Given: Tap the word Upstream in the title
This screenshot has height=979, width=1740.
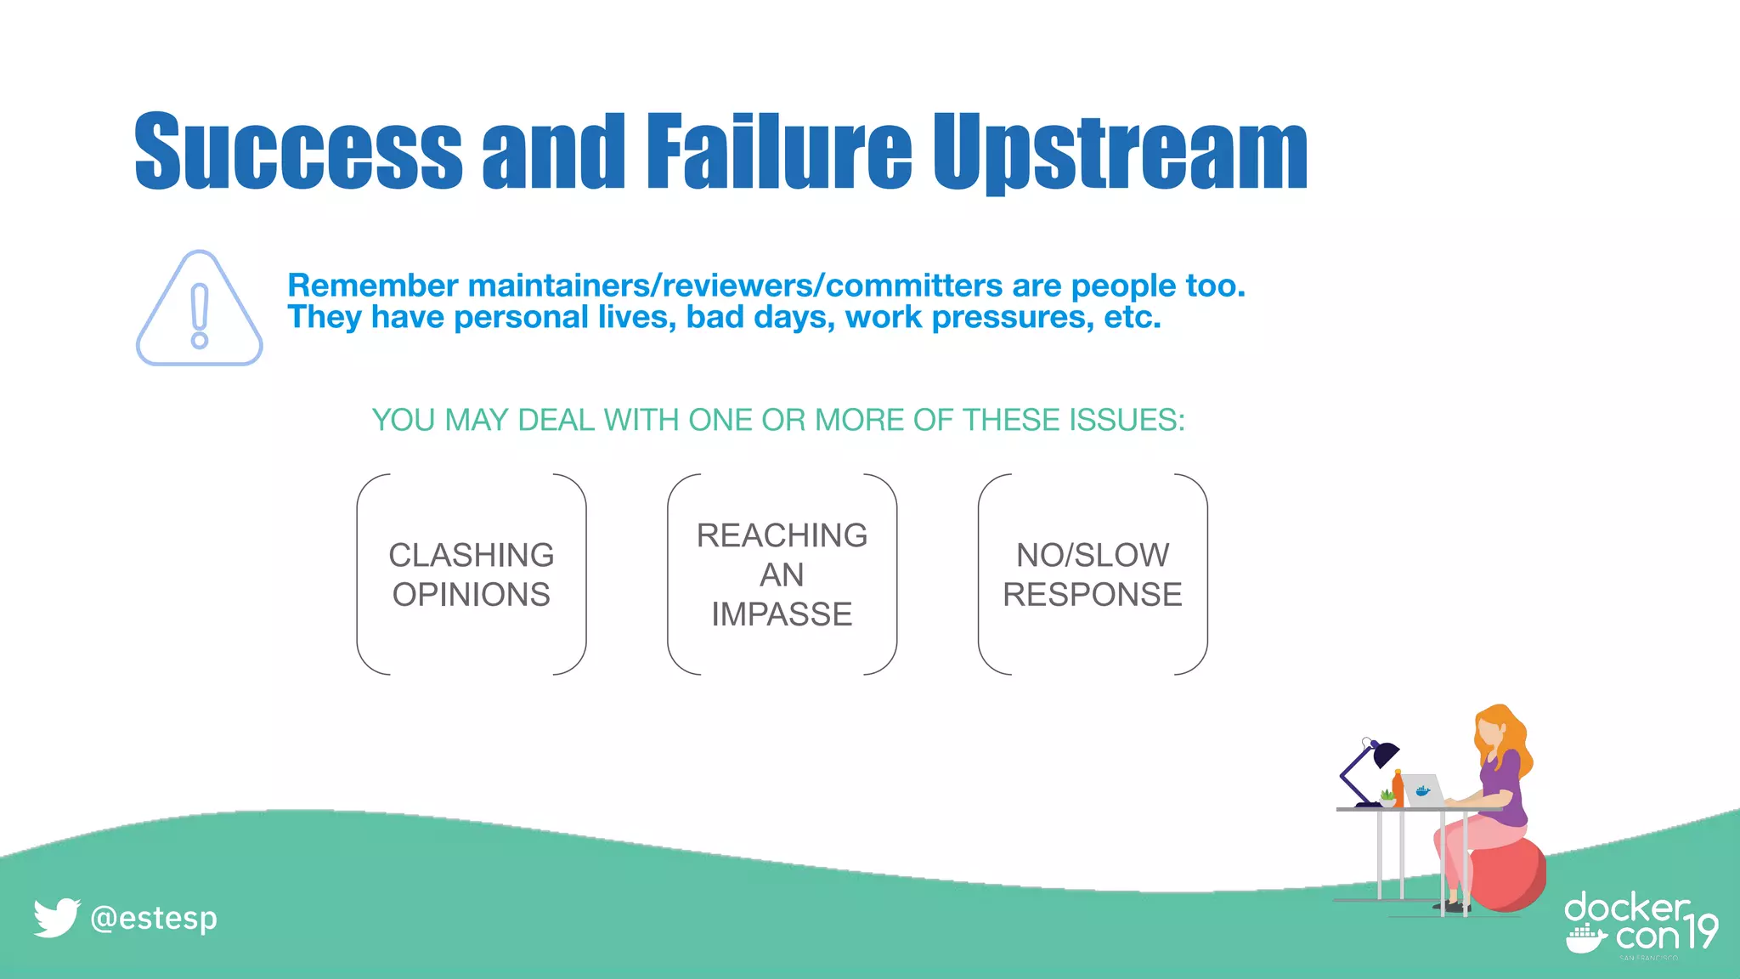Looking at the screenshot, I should (x=1120, y=153).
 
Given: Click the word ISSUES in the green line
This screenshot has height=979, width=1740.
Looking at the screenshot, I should (x=1126, y=420).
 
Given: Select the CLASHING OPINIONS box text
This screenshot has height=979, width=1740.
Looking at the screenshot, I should (x=472, y=574).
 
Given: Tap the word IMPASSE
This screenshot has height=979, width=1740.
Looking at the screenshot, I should (x=782, y=614).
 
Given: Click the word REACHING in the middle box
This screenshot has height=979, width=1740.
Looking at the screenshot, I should (x=782, y=535).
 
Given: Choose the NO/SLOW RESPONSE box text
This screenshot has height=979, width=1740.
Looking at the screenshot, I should (x=1093, y=574).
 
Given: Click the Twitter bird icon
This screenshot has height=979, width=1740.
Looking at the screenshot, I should (x=56, y=918).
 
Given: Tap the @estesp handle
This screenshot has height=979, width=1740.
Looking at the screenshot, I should (x=154, y=918).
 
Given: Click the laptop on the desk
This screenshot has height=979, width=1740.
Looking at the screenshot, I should (x=1423, y=791).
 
